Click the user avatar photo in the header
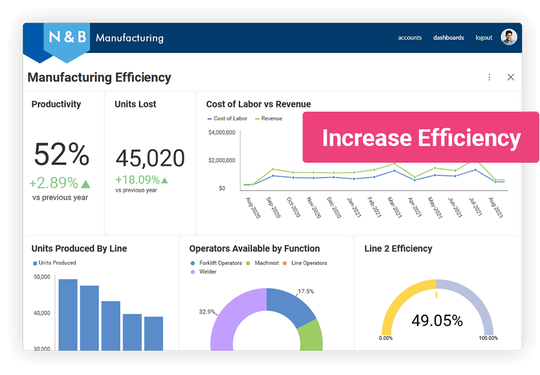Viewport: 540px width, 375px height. [508, 38]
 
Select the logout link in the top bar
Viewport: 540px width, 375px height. [484, 38]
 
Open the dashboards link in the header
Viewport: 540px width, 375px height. [448, 38]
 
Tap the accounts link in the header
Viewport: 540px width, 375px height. [409, 38]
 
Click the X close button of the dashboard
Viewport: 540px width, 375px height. [511, 78]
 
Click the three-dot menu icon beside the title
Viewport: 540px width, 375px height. [489, 78]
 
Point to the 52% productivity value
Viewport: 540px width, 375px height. [61, 155]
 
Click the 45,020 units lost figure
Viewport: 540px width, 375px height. [150, 159]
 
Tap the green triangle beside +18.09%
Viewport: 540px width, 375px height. [165, 180]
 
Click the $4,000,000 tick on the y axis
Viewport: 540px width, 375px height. [221, 133]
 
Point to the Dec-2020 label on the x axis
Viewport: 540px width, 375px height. [334, 207]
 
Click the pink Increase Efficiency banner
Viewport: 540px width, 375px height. [421, 138]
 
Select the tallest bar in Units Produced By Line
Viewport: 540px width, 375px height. [68, 315]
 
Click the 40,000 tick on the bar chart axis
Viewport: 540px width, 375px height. [42, 313]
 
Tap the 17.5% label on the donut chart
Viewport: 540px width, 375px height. [305, 291]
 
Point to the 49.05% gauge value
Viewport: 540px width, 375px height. [437, 320]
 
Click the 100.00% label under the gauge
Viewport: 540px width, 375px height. [488, 338]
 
